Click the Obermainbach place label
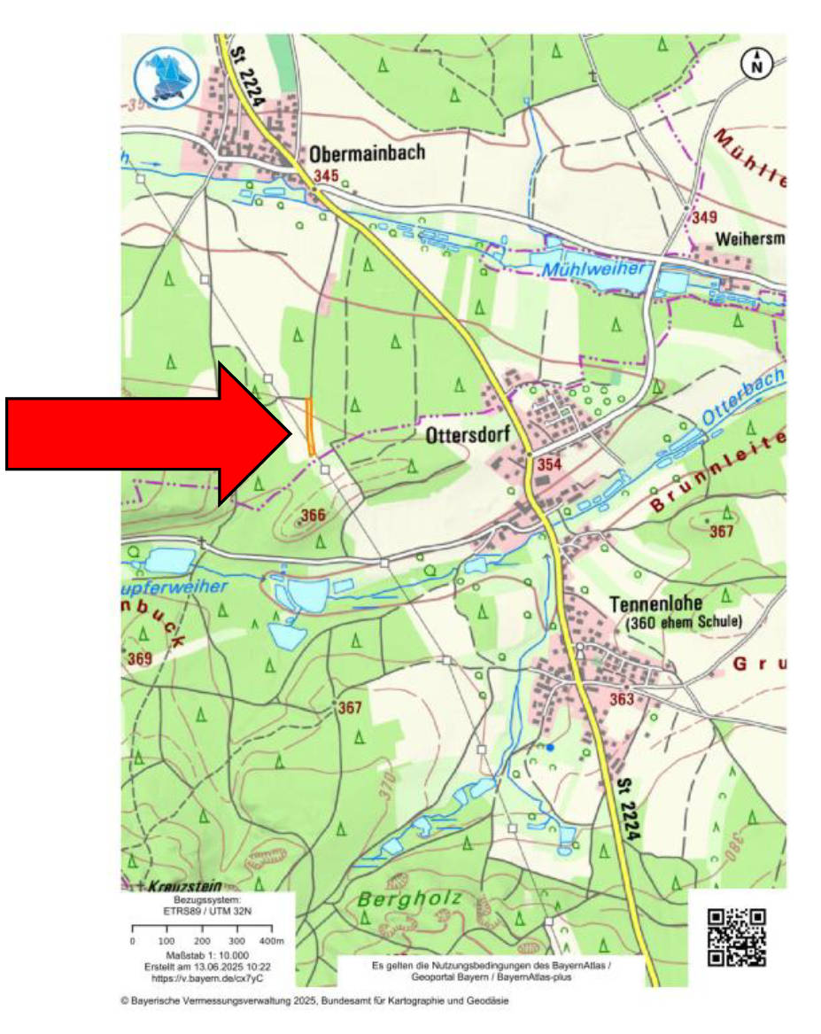[367, 152]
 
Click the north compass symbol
[757, 64]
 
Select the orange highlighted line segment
[310, 427]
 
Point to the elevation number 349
[705, 217]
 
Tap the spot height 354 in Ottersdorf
[540, 466]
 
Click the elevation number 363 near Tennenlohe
[622, 699]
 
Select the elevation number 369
[139, 658]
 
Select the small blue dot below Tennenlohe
[550, 748]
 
